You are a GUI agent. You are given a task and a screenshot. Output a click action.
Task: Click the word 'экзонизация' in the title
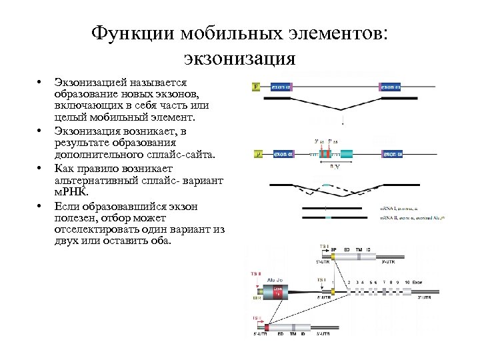(237, 58)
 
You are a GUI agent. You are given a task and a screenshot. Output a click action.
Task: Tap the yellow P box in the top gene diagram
(257, 87)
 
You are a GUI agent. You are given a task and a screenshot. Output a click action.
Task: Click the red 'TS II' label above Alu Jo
(255, 273)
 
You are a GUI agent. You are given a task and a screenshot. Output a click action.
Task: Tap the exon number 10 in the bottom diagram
(406, 282)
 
